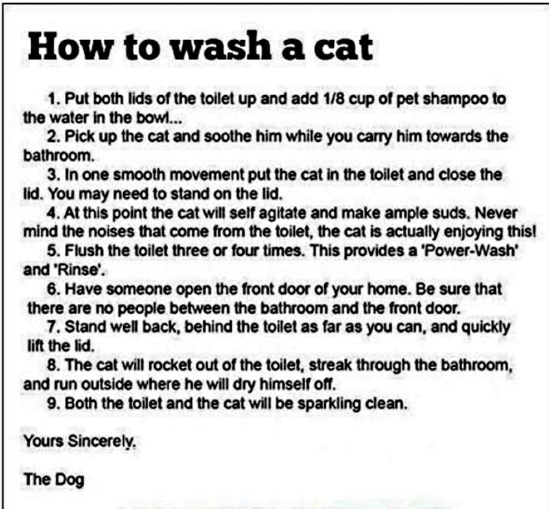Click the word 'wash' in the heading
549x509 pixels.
point(222,47)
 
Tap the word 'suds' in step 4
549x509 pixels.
point(452,213)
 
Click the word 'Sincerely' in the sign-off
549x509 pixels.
point(102,442)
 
